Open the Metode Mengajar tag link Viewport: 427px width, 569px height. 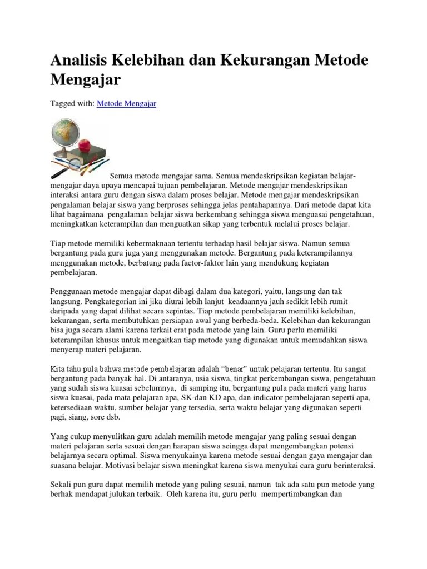[126, 103]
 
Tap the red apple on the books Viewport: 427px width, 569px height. [85, 131]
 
